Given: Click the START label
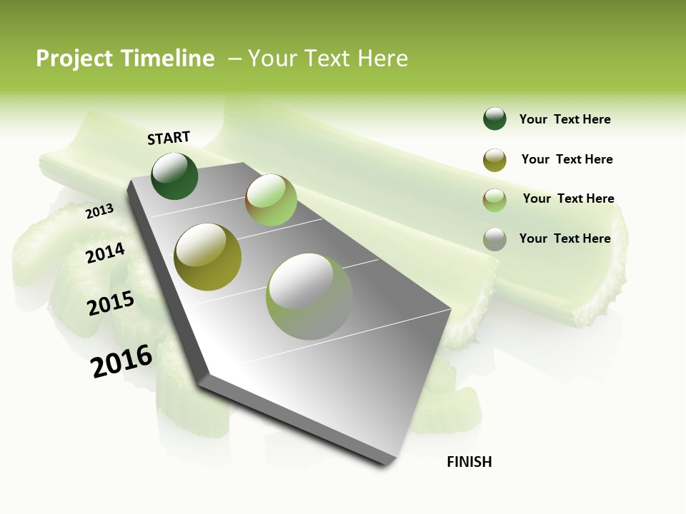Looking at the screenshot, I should [x=169, y=138].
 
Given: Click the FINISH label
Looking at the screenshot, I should [x=469, y=462].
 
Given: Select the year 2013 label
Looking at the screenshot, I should [x=100, y=211].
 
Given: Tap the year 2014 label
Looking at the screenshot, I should [x=106, y=253].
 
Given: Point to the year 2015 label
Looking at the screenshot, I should [x=111, y=303].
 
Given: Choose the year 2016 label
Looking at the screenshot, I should [x=122, y=361].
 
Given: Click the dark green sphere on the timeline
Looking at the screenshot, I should [x=175, y=176].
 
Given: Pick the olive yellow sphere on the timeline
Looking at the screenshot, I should [x=208, y=257].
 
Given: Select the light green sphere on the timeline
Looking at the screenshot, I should [x=271, y=200].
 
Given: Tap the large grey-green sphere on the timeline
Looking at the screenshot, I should [x=309, y=296].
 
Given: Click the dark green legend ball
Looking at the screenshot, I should [x=494, y=119].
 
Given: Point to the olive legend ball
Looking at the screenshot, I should [x=494, y=160].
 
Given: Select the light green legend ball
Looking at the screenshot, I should [x=494, y=200].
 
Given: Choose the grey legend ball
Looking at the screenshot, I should [x=494, y=239].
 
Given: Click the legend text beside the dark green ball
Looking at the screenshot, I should [x=565, y=119].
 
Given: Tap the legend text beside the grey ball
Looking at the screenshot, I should [x=565, y=238].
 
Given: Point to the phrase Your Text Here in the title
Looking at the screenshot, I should [x=328, y=59].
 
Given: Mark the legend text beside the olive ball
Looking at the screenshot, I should [x=567, y=159].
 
